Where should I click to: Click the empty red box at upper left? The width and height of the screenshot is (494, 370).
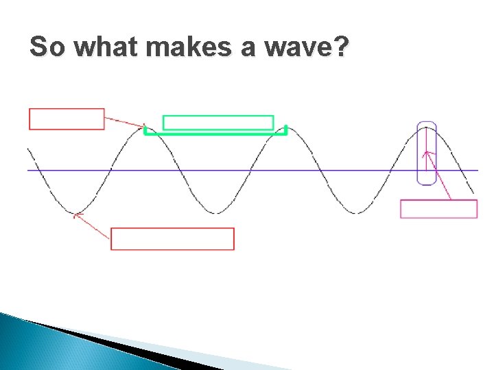67,119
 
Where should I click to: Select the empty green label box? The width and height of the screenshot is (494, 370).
217,123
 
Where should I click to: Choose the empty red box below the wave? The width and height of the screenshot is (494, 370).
172,238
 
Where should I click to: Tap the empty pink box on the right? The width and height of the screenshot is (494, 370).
438,209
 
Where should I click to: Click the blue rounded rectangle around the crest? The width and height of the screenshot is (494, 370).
426,153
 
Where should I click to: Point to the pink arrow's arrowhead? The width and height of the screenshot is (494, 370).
426,153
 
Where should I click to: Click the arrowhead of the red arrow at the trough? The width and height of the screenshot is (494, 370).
76,215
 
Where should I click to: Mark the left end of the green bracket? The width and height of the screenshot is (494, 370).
145,130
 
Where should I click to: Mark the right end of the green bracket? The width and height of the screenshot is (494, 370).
285,130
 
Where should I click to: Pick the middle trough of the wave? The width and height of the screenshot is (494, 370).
216,212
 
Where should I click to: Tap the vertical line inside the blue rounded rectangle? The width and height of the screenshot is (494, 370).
426,147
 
